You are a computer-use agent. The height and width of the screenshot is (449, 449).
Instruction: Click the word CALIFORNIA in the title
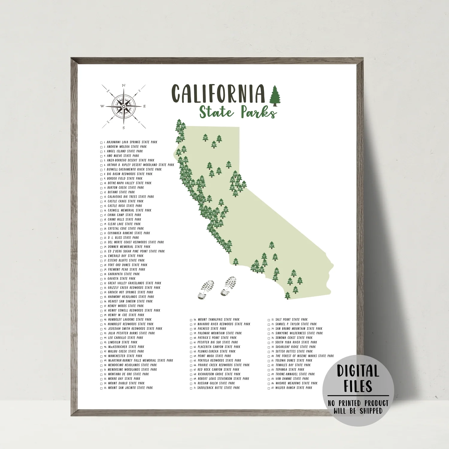218,94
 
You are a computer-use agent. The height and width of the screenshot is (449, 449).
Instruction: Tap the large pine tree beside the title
275,96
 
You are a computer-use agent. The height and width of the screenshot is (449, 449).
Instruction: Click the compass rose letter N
124,86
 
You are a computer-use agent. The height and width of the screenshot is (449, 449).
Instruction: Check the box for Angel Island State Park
101,151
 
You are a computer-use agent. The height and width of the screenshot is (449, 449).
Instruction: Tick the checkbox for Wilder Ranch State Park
269,388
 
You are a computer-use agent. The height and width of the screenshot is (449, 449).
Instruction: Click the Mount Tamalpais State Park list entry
219,320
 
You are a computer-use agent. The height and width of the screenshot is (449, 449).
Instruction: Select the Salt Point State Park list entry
291,320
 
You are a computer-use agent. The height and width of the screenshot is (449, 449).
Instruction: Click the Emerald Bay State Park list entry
125,256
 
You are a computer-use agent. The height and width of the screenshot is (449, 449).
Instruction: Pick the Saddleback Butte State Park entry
219,388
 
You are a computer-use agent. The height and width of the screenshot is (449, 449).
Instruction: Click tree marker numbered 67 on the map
271,245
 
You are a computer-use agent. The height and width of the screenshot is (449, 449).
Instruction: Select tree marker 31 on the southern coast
236,262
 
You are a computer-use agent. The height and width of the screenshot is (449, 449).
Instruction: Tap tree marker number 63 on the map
229,164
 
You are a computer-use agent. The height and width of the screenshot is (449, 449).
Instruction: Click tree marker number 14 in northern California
205,137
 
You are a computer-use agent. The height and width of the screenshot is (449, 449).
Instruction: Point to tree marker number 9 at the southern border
288,295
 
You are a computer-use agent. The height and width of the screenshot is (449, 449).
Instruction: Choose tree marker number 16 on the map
221,202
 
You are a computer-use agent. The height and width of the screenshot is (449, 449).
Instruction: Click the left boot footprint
206,290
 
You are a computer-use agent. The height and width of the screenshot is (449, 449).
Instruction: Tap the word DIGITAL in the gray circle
358,371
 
